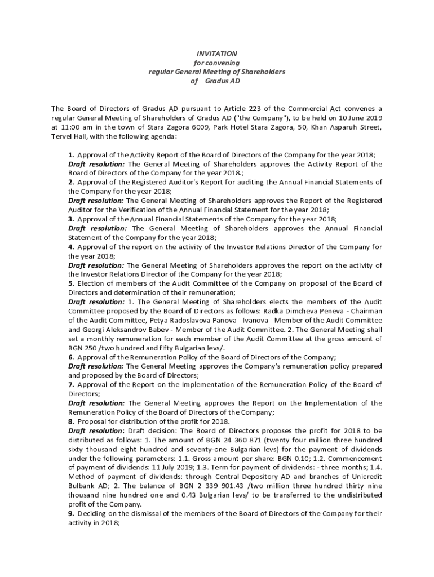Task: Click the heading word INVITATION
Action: click(216, 53)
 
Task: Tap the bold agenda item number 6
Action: click(72, 357)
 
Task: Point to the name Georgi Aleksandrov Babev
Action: click(127, 330)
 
